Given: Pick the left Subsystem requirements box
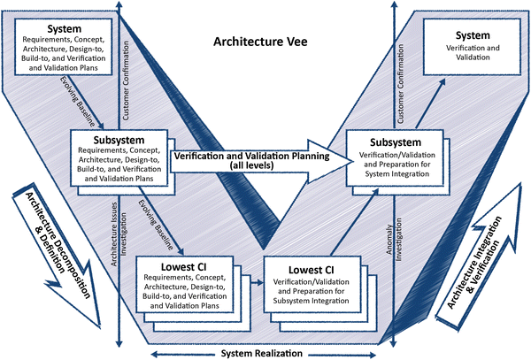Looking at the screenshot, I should coord(119,159).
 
